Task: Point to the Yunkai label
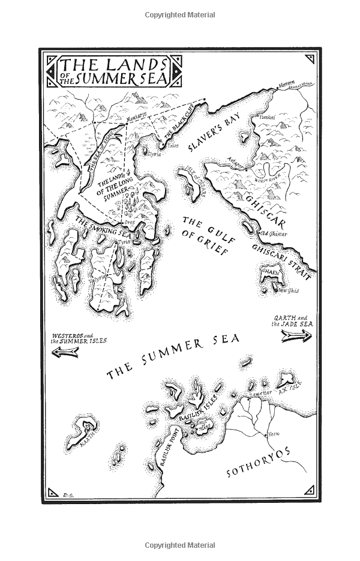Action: (266, 118)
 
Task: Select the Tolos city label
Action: (174, 145)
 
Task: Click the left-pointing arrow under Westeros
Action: (66, 353)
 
